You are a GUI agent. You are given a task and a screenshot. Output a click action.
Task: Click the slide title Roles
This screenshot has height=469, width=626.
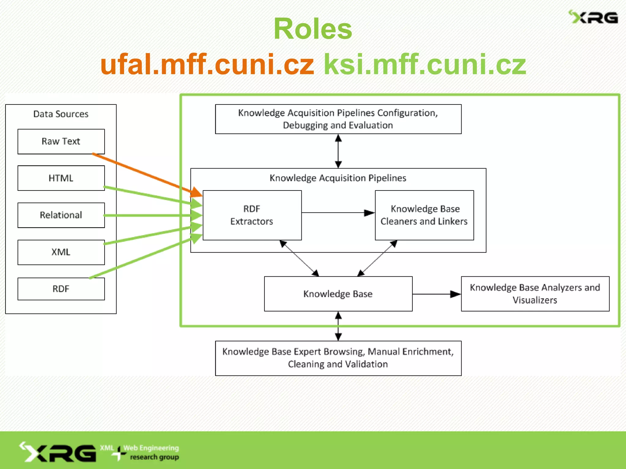(313, 29)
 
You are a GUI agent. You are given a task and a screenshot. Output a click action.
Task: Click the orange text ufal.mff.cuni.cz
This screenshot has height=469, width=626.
(207, 64)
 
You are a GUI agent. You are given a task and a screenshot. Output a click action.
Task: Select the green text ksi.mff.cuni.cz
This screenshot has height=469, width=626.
(425, 64)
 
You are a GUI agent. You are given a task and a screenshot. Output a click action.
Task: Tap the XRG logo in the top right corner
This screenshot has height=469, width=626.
(593, 17)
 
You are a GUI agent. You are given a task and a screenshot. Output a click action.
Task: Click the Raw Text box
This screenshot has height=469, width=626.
(61, 141)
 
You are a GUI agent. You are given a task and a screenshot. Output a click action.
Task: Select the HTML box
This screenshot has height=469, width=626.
(61, 178)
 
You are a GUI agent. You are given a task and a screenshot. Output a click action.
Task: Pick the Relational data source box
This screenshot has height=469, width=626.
(61, 215)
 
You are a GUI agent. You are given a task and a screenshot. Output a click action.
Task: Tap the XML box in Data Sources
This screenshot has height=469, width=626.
(61, 252)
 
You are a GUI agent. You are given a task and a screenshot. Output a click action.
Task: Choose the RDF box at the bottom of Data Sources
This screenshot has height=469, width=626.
(61, 289)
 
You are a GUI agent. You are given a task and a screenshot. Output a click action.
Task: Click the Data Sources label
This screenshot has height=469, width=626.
(61, 114)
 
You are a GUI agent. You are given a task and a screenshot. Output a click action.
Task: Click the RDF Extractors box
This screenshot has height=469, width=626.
(252, 215)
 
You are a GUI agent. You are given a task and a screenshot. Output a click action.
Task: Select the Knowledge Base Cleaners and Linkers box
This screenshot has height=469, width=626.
(424, 215)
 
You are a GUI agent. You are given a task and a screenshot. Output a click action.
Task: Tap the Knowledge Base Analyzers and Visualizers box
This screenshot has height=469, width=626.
(535, 294)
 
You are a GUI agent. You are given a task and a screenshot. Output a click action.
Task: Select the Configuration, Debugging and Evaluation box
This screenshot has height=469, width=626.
(338, 119)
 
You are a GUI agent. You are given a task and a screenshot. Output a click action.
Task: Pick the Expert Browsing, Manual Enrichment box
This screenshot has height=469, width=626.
(338, 358)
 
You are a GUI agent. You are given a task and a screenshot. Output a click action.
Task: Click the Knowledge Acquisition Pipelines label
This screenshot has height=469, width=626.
(338, 178)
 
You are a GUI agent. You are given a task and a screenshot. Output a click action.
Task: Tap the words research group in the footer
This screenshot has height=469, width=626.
(154, 457)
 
